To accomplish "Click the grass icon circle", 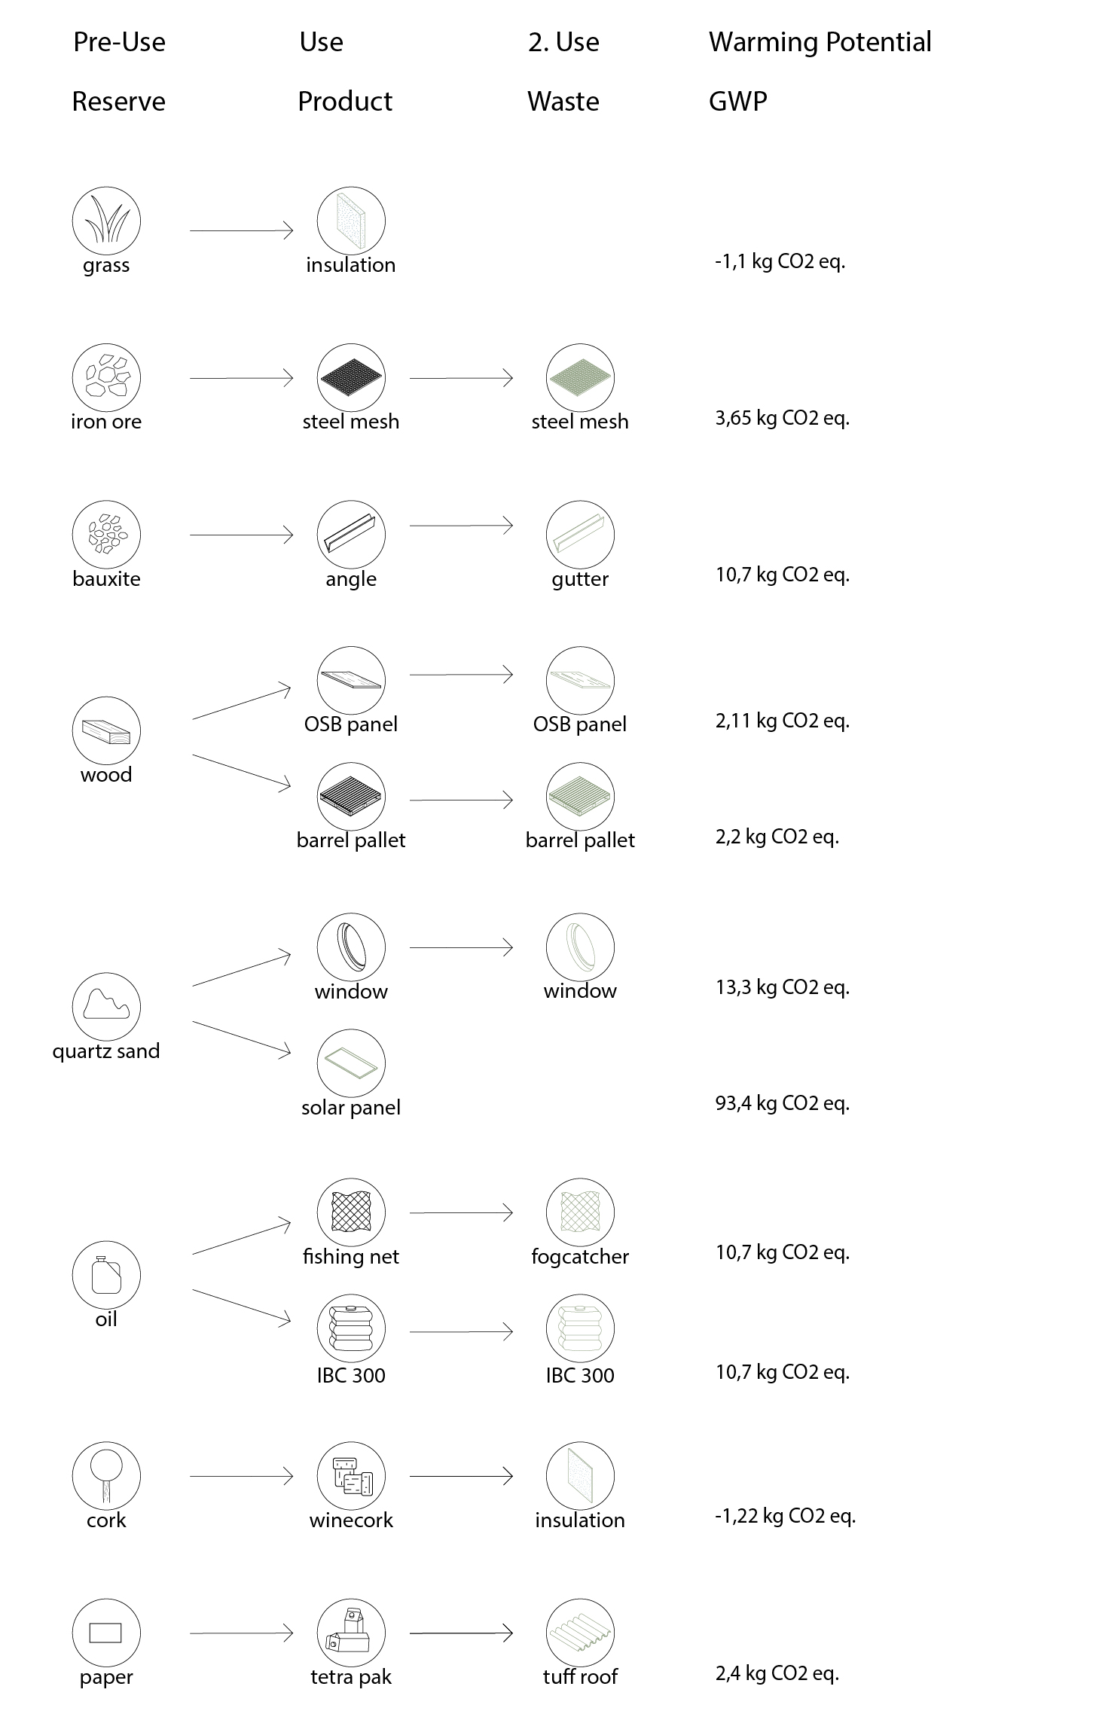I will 106,221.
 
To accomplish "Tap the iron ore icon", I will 106,378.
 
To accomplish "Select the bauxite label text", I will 106,578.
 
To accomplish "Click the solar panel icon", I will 351,1063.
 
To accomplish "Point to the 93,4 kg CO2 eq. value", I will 782,1103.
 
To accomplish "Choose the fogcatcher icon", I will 580,1212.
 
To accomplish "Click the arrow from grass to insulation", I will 241,230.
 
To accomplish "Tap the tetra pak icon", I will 351,1633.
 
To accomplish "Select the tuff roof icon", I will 580,1633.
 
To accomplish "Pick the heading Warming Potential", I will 820,42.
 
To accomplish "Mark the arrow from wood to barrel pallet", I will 241,772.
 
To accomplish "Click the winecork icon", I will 351,1476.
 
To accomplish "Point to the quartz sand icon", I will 106,1007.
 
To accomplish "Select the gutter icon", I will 580,535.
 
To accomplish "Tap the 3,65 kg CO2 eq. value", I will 782,418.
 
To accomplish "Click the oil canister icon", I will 106,1275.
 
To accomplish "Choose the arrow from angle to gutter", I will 461,525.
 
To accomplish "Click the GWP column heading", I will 737,102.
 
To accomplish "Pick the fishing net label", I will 351,1256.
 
